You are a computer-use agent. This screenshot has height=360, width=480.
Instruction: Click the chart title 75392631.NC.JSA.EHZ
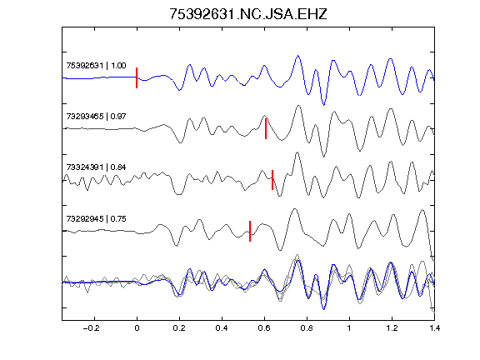coord(248,14)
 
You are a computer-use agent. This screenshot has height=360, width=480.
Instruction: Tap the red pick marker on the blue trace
coord(137,77)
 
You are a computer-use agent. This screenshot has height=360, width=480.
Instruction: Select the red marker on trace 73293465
coord(266,129)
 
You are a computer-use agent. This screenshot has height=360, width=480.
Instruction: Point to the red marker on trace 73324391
coord(272,180)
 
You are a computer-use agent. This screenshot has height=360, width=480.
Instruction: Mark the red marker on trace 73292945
coord(250,231)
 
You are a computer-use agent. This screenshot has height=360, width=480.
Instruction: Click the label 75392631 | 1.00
coord(96,66)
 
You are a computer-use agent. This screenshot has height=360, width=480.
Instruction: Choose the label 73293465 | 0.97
coord(96,117)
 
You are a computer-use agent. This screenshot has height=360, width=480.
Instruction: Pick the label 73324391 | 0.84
coord(96,167)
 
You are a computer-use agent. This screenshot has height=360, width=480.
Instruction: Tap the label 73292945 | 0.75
coord(96,218)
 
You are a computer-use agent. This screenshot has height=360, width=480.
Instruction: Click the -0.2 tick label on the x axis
coord(91,328)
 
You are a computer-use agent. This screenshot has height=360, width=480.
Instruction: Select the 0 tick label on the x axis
coord(137,328)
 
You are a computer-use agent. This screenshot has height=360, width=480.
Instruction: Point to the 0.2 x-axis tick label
coord(179,328)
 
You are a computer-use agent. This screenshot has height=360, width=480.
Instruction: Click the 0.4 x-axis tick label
coord(222,328)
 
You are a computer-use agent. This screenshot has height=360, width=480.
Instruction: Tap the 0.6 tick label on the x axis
coord(264,328)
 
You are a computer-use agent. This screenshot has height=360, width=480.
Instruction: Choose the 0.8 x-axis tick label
coord(307,328)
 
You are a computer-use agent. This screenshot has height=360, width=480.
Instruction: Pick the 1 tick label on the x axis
coord(349,328)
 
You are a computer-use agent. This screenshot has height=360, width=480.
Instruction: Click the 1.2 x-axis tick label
coord(392,328)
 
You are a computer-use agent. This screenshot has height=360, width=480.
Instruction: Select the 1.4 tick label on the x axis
coord(434,328)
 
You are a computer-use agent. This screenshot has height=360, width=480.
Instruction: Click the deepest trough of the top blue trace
coord(324,105)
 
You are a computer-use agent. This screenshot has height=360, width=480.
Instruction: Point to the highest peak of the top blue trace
coord(297,56)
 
